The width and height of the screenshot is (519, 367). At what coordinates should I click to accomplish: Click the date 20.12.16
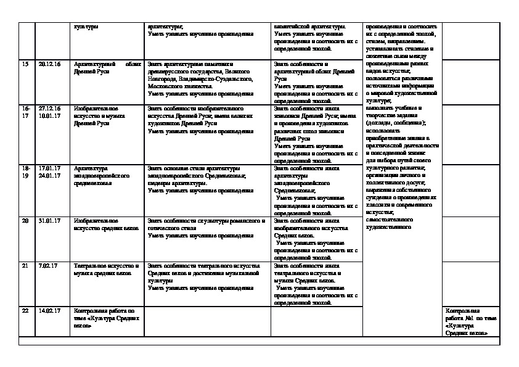47,64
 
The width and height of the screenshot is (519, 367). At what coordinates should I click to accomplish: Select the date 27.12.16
47,108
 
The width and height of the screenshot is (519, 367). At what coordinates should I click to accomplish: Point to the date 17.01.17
47,168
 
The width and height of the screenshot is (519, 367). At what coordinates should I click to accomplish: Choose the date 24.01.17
47,175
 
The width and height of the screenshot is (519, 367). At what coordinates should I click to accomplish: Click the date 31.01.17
47,220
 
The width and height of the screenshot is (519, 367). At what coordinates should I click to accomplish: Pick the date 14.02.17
47,310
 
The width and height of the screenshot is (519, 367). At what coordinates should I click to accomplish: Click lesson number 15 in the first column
25,64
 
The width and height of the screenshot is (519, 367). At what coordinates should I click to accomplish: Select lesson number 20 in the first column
25,220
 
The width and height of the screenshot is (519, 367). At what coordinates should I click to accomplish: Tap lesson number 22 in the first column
25,310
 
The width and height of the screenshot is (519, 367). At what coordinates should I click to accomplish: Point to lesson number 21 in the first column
25,266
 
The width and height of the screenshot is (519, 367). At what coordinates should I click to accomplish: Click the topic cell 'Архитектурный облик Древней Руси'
107,68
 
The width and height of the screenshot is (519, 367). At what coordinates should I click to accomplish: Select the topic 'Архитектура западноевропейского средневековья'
102,175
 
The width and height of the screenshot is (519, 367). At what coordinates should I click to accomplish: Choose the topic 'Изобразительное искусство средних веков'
101,224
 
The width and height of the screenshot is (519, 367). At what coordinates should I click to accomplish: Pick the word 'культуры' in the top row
86,27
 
